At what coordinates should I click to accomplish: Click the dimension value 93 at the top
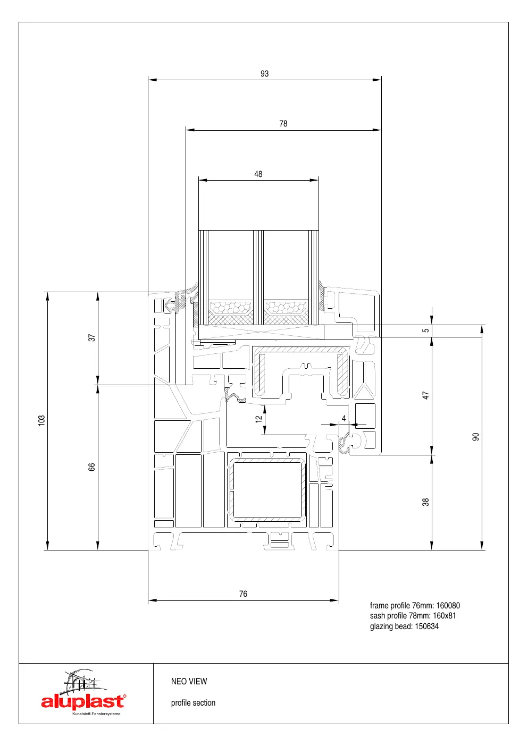264,74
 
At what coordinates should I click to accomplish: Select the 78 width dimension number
283,124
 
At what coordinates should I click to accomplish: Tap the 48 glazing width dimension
258,174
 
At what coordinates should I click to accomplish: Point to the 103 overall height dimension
41,420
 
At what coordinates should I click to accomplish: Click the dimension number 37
91,338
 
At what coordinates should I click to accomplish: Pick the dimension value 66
91,467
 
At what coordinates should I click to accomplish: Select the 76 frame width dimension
243,594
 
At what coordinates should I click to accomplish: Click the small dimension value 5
426,330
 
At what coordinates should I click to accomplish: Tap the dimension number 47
426,395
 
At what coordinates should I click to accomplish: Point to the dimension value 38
426,502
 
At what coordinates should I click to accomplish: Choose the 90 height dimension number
476,437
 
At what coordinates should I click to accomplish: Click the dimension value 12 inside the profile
258,419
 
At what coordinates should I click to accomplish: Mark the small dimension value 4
344,418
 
